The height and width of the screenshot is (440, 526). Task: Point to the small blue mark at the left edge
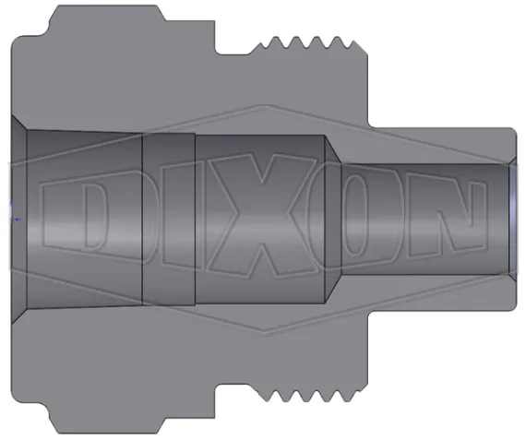click(x=11, y=220)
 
